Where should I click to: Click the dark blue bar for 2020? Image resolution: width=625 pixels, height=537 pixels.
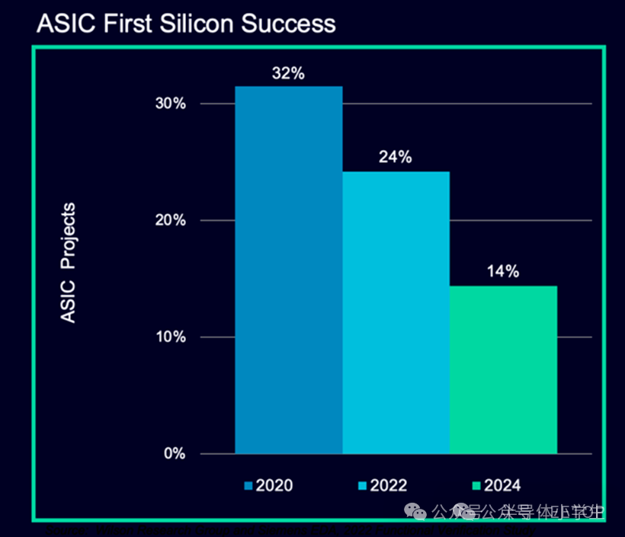tap(288, 270)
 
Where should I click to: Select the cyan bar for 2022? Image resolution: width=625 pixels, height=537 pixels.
tap(396, 312)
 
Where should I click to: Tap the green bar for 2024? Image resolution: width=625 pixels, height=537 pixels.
tap(503, 369)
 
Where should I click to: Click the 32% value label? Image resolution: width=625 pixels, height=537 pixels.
tap(288, 74)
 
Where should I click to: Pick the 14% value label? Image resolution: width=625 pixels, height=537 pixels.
tap(503, 271)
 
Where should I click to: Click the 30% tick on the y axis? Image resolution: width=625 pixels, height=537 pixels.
tap(170, 104)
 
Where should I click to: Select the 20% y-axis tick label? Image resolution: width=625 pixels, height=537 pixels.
tap(170, 220)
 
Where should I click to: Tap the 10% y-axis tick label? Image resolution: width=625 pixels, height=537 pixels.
tap(170, 337)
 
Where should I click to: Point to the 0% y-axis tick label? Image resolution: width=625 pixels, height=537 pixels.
tap(174, 453)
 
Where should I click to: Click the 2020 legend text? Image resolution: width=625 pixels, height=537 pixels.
tap(274, 485)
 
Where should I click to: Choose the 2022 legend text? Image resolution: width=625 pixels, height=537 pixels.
tap(389, 485)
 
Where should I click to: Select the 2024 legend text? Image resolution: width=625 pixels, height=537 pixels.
tap(502, 485)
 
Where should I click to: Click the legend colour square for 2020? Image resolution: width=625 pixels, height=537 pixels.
tap(248, 485)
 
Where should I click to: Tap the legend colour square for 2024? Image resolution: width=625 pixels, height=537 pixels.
tap(476, 485)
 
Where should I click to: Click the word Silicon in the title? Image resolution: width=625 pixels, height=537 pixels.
tap(194, 23)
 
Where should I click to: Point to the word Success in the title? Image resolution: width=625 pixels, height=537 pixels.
tap(288, 23)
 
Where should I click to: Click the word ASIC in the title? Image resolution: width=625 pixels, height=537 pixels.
tap(59, 23)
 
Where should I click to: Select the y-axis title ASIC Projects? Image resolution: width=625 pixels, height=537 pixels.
tap(69, 262)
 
